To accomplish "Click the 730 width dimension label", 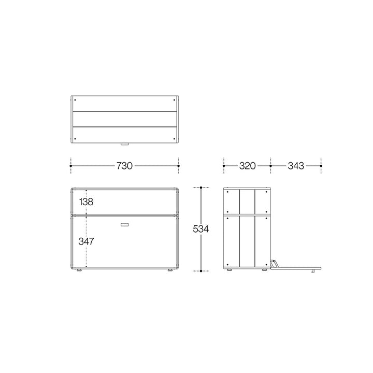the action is (x=124, y=166).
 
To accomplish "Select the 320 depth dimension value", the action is (x=248, y=166).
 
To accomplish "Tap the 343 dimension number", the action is (x=296, y=166).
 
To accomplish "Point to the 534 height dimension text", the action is (x=201, y=229).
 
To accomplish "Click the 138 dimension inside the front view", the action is (x=86, y=202).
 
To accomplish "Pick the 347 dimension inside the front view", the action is (x=87, y=241).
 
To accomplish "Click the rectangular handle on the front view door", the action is (x=125, y=224).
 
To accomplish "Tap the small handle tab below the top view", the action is (x=125, y=144).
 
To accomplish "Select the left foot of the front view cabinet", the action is (x=79, y=270).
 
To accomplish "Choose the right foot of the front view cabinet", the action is (x=170, y=270).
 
